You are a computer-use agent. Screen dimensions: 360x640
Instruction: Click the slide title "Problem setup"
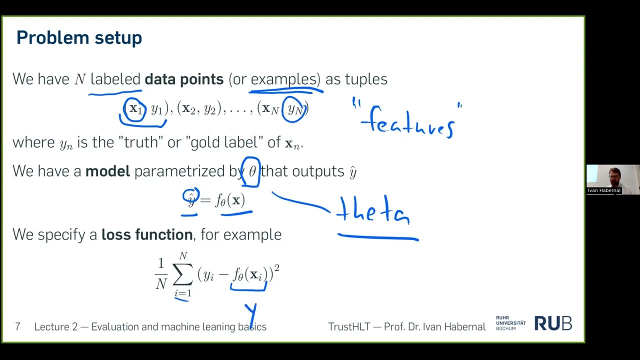[x=79, y=38]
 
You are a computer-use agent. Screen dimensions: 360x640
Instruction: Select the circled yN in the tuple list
[x=294, y=109]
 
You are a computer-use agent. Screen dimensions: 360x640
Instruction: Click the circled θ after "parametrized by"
[x=251, y=171]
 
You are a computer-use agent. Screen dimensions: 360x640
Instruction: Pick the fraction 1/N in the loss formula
[x=161, y=274]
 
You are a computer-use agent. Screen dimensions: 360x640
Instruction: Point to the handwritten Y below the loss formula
[x=251, y=312]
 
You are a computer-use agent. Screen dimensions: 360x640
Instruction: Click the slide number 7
[x=18, y=327]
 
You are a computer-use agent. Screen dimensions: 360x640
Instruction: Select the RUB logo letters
[x=553, y=324]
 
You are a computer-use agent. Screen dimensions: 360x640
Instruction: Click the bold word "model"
[x=107, y=171]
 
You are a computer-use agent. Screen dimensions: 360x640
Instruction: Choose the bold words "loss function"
[x=147, y=234]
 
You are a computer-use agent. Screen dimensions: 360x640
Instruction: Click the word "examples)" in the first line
[x=285, y=79]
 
